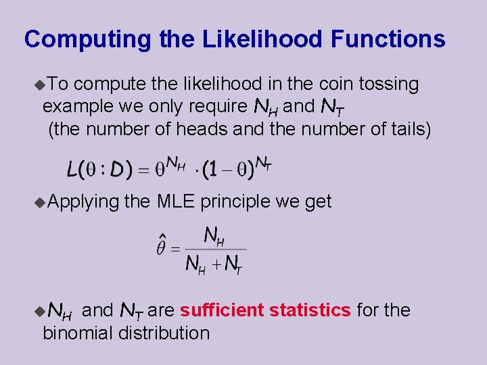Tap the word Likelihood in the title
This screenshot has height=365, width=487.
pyautogui.click(x=262, y=39)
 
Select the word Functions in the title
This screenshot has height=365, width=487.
pyautogui.click(x=388, y=39)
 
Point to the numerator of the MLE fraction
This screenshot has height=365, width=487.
pyautogui.click(x=214, y=235)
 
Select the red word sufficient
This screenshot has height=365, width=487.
pyautogui.click(x=222, y=310)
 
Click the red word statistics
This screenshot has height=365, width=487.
pyautogui.click(x=310, y=310)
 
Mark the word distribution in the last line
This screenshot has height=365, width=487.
pyautogui.click(x=164, y=333)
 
